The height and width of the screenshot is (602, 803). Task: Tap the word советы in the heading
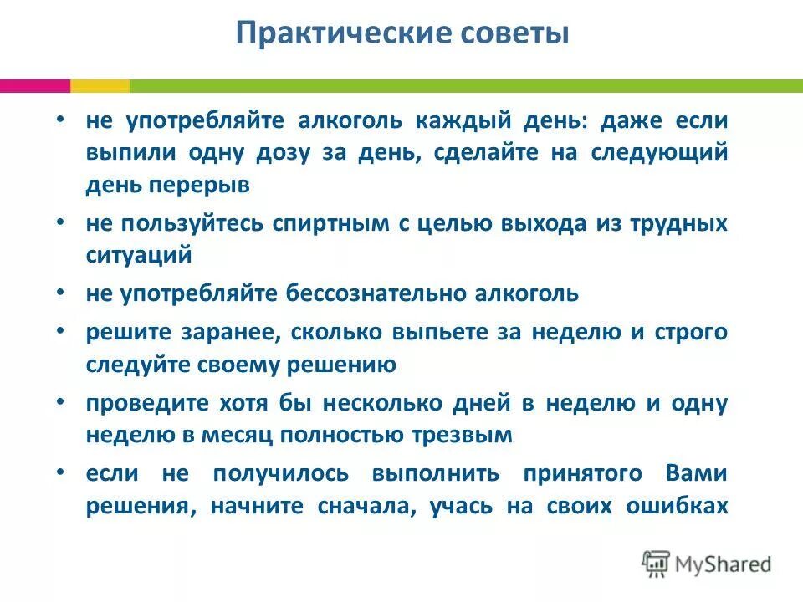[x=514, y=34]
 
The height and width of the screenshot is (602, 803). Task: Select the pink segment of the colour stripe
[x=34, y=85]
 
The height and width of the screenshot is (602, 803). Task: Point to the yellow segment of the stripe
[x=100, y=85]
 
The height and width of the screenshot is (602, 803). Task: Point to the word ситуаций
[x=139, y=256]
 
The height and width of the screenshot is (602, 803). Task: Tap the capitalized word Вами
[x=696, y=474]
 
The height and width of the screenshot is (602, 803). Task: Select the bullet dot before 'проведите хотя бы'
[x=61, y=401]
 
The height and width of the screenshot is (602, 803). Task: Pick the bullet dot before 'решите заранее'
[x=61, y=330]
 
